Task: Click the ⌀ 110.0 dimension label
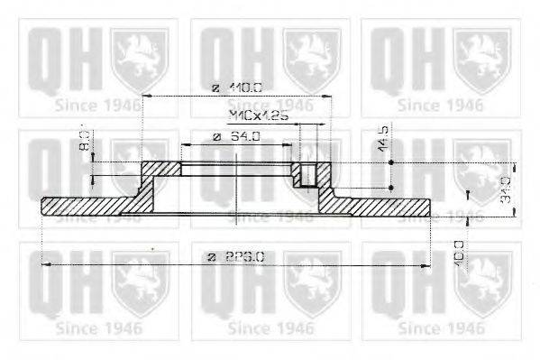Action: [x=235, y=88]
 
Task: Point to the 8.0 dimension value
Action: [x=83, y=142]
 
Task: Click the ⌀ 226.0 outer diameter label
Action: [x=235, y=256]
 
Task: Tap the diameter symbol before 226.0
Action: [x=212, y=256]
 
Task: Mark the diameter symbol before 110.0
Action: [x=215, y=88]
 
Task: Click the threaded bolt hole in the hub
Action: [x=308, y=173]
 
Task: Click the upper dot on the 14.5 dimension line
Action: [x=390, y=162]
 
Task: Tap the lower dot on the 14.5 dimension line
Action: [x=390, y=188]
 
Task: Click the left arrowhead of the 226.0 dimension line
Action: [x=47, y=264]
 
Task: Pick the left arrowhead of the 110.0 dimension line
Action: [x=146, y=96]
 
